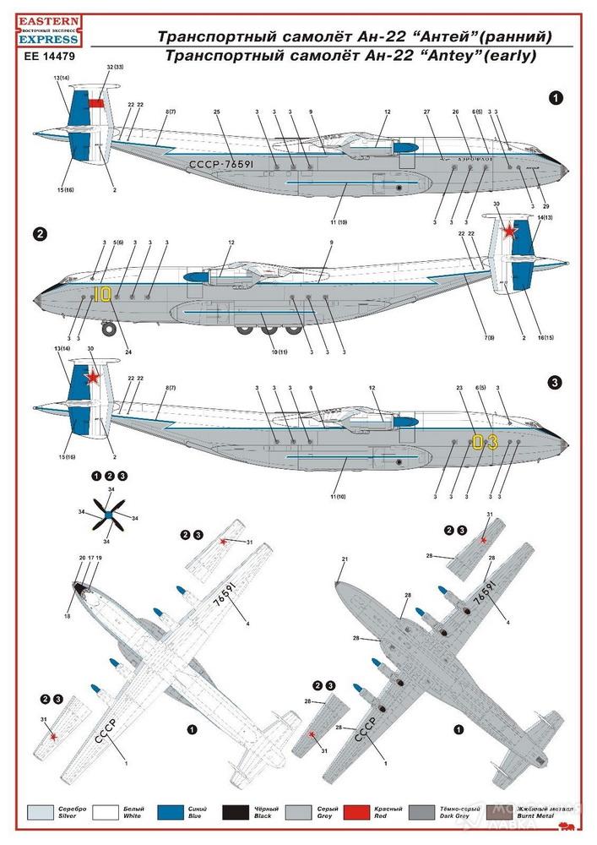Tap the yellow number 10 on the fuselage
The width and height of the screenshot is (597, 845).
[x=102, y=294]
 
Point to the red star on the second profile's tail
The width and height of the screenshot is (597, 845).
[x=509, y=232]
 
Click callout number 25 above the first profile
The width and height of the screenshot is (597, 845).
[x=217, y=112]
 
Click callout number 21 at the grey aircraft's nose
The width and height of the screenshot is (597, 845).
[x=345, y=559]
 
